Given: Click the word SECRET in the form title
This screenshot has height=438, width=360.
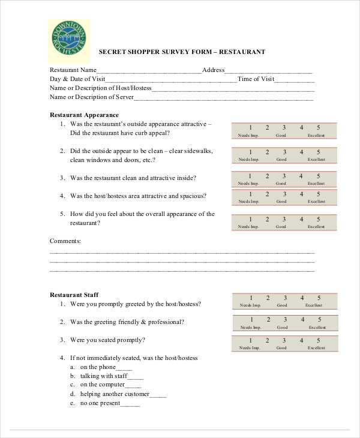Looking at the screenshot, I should point(112,52).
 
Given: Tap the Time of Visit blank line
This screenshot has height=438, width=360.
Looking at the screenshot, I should point(295,79).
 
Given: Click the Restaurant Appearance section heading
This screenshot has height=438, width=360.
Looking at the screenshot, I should point(84,115).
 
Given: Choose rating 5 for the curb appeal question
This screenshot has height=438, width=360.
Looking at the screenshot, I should point(319,128).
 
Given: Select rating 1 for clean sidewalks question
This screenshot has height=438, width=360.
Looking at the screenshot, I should point(250,152).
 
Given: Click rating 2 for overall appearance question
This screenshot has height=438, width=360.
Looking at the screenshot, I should point(268,219).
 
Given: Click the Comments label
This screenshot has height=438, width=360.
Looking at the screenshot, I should point(65,241).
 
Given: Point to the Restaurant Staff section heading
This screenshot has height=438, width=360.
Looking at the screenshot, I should point(74,295).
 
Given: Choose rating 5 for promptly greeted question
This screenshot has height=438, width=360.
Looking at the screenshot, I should point(319,298).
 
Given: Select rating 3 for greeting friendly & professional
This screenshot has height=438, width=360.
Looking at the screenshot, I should point(285,320).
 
